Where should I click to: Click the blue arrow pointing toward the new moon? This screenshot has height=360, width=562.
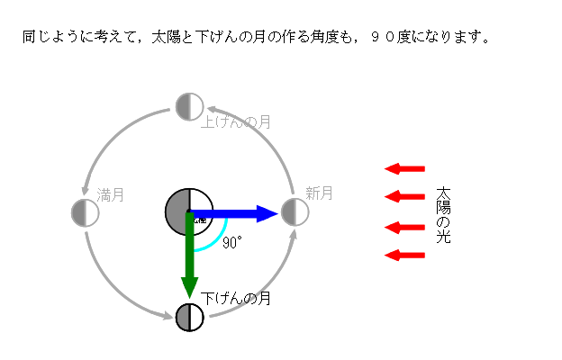234,213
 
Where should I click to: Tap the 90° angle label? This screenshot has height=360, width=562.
232,243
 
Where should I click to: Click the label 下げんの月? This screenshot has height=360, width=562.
236,298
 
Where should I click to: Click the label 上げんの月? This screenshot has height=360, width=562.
236,121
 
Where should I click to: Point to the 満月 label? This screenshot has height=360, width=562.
110,193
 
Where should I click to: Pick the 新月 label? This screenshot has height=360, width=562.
319,193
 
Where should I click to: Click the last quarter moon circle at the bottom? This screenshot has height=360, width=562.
189,318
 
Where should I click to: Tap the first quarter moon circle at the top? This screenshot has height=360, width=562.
189,106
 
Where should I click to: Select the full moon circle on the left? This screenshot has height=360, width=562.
85,212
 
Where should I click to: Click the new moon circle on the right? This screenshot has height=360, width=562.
295,212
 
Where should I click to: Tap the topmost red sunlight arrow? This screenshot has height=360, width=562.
404,168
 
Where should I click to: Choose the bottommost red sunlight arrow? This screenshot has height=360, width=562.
404,256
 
